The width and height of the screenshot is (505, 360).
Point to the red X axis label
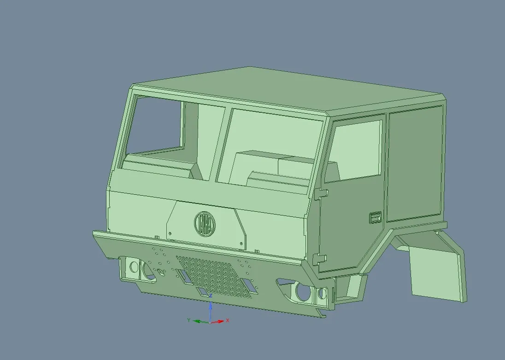pos(228,320)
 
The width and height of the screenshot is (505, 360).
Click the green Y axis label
pos(188,319)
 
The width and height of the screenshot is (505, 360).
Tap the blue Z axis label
pos(211,296)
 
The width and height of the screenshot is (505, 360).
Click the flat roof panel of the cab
pos(286,90)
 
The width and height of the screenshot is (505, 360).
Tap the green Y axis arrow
pos(199,321)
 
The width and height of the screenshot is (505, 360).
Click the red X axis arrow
pos(220,321)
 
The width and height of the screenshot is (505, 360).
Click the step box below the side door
pos(350,288)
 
